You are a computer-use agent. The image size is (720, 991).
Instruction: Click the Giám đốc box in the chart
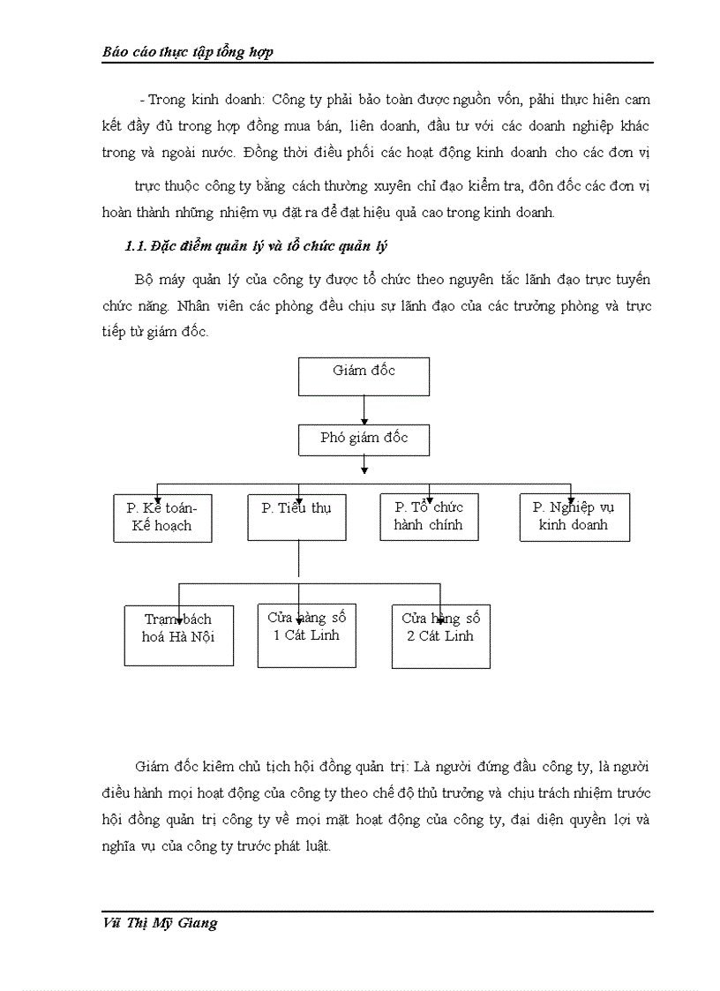point(364,376)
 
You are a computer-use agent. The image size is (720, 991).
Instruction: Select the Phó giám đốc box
point(364,439)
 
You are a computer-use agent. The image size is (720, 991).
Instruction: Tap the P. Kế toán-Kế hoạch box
point(162,517)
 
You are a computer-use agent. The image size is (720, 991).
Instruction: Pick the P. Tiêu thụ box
point(296,517)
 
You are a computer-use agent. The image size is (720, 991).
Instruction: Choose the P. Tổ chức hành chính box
point(429,517)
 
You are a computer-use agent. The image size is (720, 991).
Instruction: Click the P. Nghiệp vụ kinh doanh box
point(574,517)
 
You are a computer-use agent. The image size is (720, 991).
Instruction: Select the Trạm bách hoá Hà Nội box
point(178,634)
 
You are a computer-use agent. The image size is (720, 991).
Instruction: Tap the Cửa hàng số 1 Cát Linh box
point(306,634)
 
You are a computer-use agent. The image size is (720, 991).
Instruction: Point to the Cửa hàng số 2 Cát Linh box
point(440,634)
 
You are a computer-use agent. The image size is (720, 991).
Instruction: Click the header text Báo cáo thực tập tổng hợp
point(187,51)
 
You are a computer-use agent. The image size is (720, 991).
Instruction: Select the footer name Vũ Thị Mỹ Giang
point(160,924)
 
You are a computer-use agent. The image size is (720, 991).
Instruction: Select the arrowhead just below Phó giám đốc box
point(364,469)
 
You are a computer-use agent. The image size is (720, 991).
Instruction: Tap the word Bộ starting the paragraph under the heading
point(145,280)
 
